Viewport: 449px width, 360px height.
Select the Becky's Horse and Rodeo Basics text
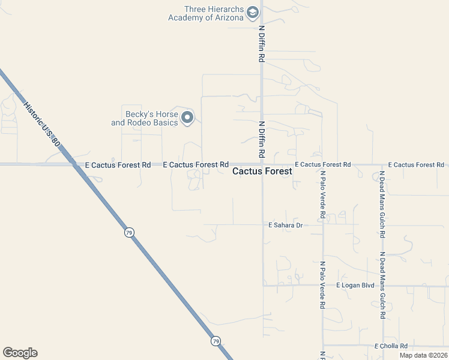click(145, 118)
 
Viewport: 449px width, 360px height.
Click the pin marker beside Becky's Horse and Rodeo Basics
click(187, 118)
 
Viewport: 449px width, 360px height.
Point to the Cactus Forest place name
click(262, 171)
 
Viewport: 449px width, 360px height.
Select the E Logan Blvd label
click(355, 285)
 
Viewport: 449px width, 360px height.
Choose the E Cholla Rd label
click(391, 346)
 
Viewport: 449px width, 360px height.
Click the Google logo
click(20, 353)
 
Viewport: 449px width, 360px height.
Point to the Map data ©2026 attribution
click(423, 355)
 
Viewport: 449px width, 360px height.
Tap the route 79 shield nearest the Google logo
click(215, 341)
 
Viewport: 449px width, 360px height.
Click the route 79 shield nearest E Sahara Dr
click(129, 232)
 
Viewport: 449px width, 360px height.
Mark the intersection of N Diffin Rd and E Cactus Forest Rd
click(262, 164)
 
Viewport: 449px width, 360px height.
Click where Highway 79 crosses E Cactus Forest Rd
click(75, 164)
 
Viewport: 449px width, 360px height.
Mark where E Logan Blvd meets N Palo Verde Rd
click(323, 285)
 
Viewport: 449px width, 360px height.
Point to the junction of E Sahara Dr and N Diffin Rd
click(262, 225)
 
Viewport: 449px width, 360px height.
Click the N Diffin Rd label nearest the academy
click(262, 44)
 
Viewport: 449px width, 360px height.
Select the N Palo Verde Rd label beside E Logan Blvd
click(323, 284)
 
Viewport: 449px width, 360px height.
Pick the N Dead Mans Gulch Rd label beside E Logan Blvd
click(382, 284)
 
